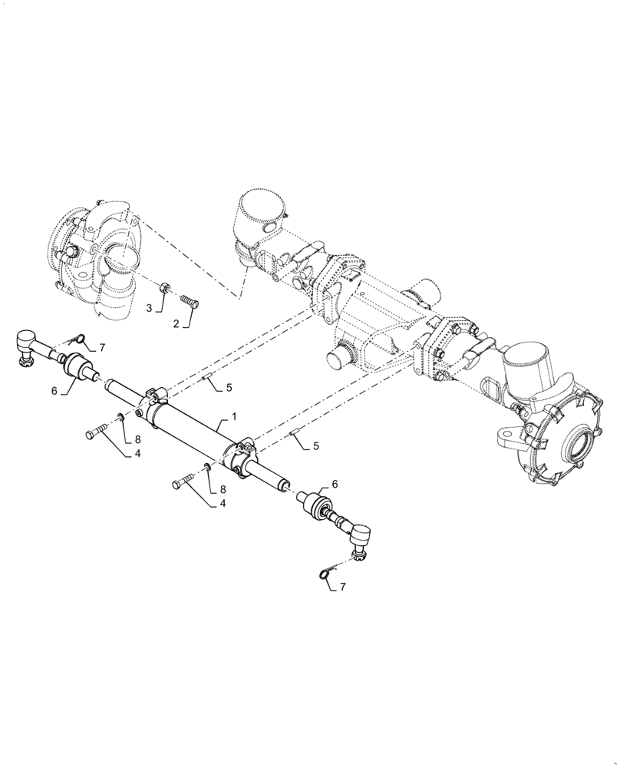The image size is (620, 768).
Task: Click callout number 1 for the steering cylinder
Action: pos(234,415)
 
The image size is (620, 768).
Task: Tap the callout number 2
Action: pos(176,324)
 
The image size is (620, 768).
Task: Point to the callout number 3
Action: pos(150,308)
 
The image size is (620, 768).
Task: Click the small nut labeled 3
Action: pos(164,290)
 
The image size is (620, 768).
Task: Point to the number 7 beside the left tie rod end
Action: pos(101,348)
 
